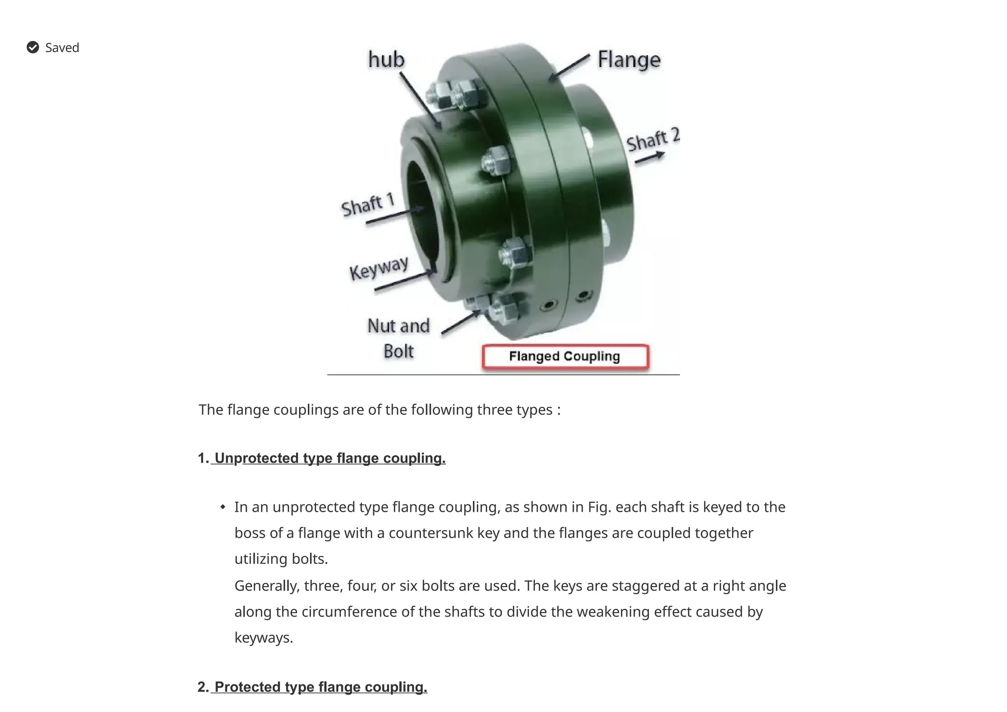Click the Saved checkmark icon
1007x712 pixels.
coord(33,47)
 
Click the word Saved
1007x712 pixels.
coord(62,48)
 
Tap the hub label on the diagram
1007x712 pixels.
coord(386,60)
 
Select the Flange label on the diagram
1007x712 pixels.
coord(628,60)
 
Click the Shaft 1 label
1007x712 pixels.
coord(368,205)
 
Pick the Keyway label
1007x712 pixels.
coord(379,268)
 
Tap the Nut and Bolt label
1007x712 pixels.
coord(398,339)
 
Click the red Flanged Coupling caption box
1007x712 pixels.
coord(565,356)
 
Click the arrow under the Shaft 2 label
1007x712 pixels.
coord(650,158)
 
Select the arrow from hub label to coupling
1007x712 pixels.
coord(420,100)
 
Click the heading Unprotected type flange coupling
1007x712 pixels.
coord(329,458)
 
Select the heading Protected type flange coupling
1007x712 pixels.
coord(321,687)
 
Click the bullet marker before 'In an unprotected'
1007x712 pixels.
coord(223,507)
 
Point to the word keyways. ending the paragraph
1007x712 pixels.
coord(264,638)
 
